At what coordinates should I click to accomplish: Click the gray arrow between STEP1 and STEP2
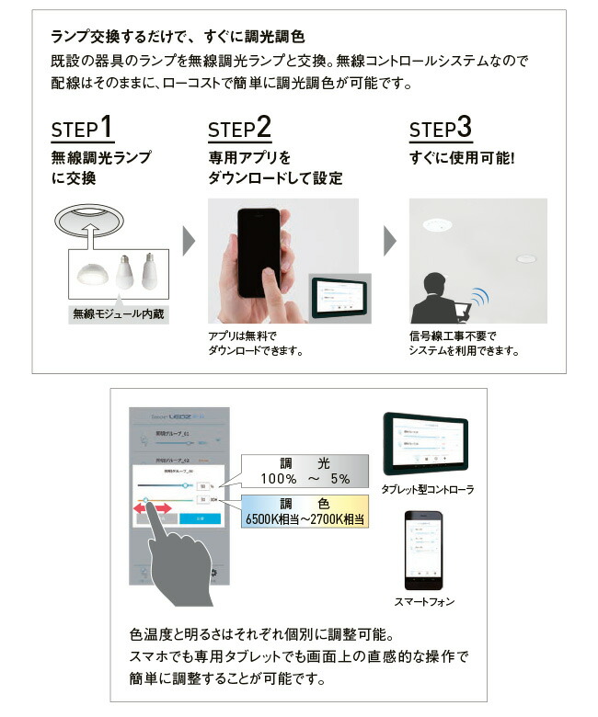tap(190, 242)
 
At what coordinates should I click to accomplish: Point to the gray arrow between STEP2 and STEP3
tap(390, 242)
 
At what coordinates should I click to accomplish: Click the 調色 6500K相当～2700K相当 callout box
tap(304, 510)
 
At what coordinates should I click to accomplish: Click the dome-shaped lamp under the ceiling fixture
tap(92, 275)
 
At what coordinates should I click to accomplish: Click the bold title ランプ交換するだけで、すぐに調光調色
tap(177, 39)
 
